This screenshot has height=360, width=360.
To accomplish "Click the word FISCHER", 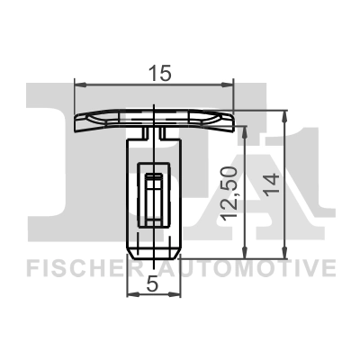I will point(80,267).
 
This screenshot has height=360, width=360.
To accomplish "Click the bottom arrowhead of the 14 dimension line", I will point(284,252).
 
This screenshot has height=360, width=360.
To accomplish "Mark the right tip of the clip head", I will point(234,119).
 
